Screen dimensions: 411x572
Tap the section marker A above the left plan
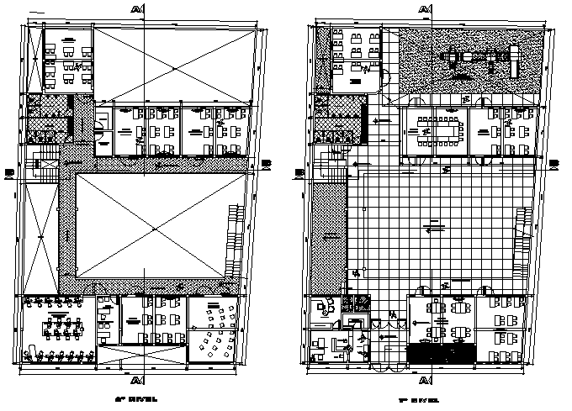(x=137, y=9)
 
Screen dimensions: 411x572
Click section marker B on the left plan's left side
(x=8, y=172)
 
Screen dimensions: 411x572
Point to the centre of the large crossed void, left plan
(x=153, y=228)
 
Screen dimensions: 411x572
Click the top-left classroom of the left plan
(x=67, y=58)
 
